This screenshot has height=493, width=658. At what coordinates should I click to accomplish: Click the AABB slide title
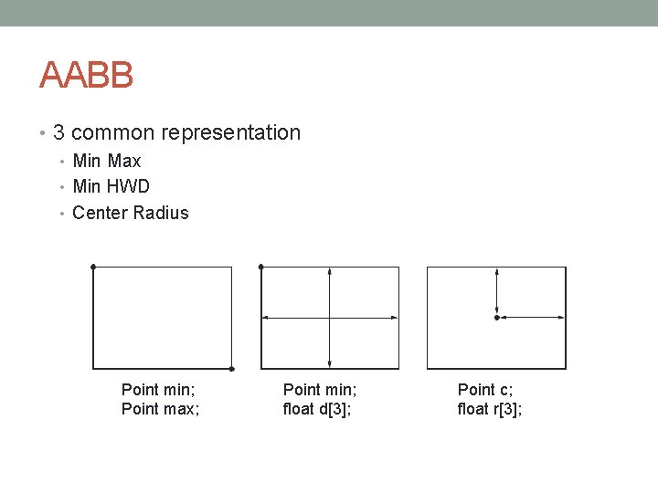pos(87,75)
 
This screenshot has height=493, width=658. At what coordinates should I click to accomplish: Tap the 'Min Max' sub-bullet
pos(107,161)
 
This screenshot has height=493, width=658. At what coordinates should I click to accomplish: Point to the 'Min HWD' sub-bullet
pos(111,186)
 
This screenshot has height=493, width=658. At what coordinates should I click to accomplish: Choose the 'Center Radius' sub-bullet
pos(130,213)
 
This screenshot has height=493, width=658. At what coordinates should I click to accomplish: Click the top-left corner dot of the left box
pos(93,267)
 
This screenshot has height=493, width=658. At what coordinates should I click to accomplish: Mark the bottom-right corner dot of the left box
pos(232,369)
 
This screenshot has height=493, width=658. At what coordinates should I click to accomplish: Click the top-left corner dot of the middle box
pos(261,267)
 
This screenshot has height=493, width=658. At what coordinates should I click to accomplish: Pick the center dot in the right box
pos(496,318)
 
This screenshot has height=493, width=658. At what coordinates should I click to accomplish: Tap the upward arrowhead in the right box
pos(496,272)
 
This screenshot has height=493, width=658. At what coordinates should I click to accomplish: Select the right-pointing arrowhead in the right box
pos(560,318)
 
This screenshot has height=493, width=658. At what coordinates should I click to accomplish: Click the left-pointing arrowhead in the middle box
pos(266,318)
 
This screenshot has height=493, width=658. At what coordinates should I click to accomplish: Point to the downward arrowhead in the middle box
pos(329,363)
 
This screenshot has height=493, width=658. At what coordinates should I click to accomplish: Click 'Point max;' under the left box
pos(161,409)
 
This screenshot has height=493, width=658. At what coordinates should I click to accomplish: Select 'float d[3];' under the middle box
pos(317,409)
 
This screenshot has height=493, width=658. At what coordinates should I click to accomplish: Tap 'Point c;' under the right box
pos(485,390)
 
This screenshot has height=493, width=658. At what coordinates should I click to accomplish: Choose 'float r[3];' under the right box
pos(490,409)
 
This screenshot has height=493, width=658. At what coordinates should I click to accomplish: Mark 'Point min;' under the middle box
pos(320,390)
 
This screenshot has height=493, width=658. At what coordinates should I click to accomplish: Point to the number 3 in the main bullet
pos(58,132)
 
